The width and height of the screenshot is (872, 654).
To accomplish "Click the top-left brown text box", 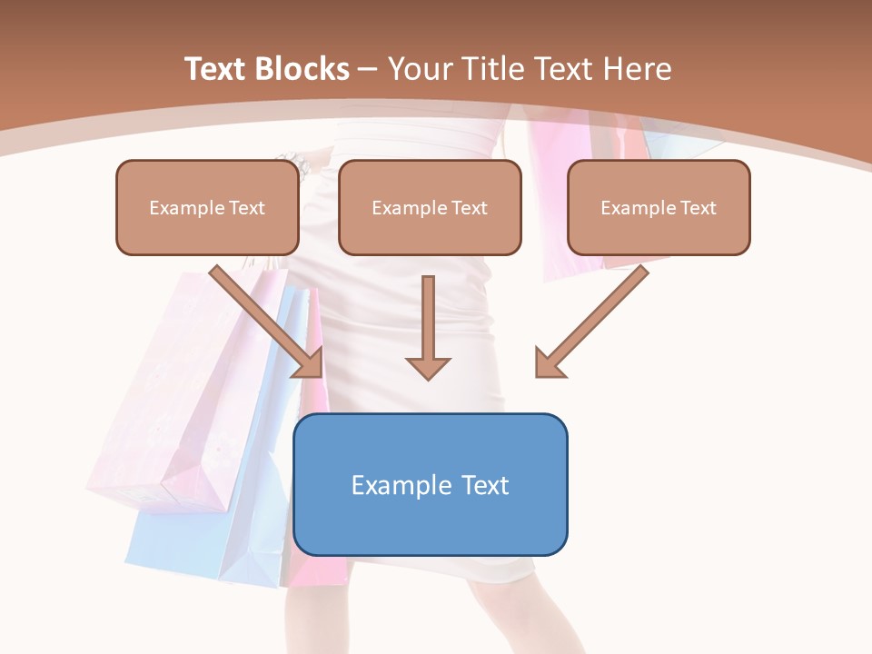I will click(207, 208).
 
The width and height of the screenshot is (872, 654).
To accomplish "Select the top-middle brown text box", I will click(430, 208).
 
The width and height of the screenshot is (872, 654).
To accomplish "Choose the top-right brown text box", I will click(659, 208).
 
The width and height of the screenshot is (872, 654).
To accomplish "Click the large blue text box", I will click(431, 485).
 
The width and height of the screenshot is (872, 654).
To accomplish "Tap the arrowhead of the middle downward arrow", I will click(428, 367).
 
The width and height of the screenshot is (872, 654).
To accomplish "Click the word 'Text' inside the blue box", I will click(481, 485).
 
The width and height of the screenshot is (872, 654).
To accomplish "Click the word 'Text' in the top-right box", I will click(699, 208).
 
